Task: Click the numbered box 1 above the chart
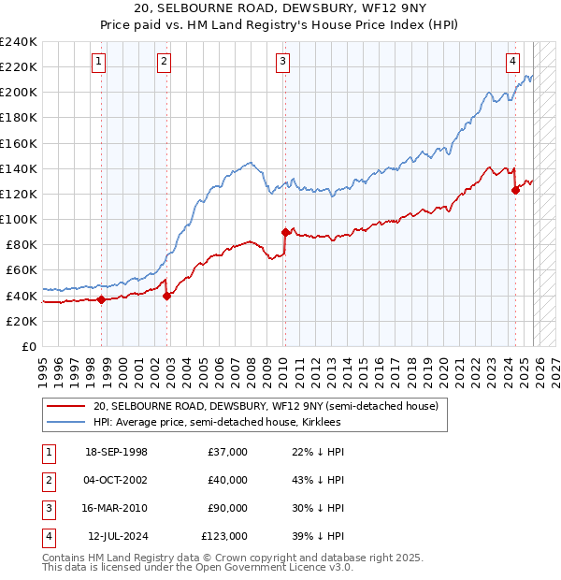coord(99,62)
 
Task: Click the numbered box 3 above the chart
coord(282,62)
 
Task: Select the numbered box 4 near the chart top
coord(513,62)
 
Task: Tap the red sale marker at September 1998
coord(101,299)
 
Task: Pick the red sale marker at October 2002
coord(167,296)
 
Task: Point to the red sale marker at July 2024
coord(515,190)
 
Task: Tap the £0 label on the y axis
coord(30,346)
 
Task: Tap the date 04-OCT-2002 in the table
coord(116,480)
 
